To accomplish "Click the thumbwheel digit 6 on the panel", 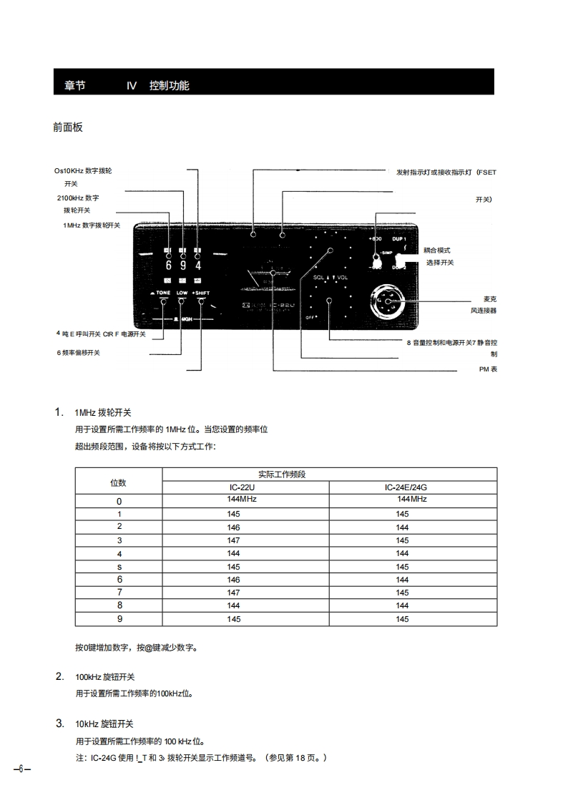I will point(169,266).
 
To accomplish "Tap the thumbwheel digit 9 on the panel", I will point(183,266).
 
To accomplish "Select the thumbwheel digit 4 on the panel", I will point(198,266).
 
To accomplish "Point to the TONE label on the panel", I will point(161,293).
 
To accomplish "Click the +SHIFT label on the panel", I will point(201,293).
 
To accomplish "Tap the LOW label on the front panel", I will point(182,293).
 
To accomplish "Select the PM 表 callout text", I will point(488,369).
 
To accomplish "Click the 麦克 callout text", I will point(489,298).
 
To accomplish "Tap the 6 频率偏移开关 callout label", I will point(79,353).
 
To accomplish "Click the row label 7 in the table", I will point(119,593).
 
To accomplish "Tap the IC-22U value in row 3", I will point(233,540).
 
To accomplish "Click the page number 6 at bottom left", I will point(21,769).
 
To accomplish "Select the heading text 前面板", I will point(68,127).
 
